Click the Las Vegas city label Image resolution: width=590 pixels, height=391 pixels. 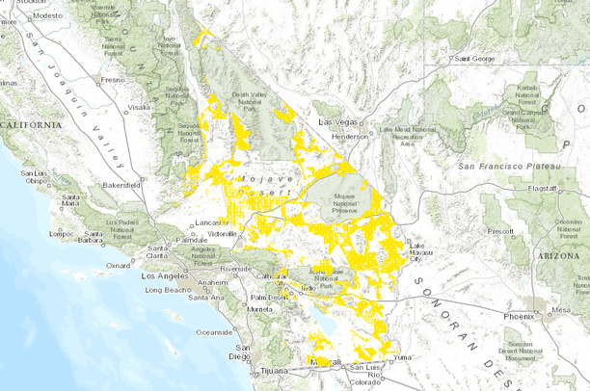338,124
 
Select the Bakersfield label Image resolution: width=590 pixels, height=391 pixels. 121,183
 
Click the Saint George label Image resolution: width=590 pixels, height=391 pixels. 475,59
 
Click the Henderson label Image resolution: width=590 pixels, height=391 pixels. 350,137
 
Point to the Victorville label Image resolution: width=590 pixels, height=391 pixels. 223,233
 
